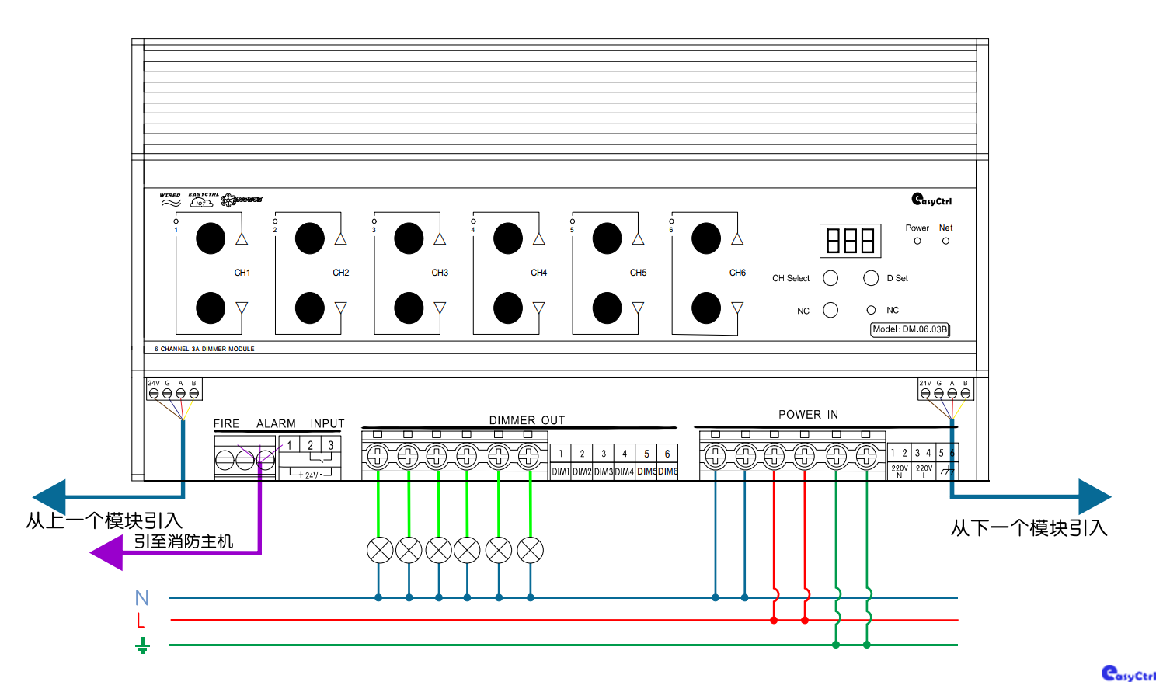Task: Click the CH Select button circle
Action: pos(830,278)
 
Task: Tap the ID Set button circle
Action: pos(871,278)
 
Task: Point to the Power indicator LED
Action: pos(917,242)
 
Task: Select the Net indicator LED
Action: pos(945,242)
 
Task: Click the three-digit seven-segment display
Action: pos(850,241)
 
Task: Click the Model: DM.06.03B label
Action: pos(910,329)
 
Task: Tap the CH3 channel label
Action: pos(440,273)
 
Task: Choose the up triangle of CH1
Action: pos(242,238)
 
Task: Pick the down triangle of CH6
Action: pos(737,308)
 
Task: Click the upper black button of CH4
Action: pos(508,238)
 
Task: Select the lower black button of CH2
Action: pos(310,308)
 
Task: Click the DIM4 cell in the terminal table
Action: pos(625,471)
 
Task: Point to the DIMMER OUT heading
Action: pos(527,420)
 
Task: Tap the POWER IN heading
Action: pos(808,415)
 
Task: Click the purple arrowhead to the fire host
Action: pos(107,553)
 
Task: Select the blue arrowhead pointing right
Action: pos(1095,496)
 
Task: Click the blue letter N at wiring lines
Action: pos(141,598)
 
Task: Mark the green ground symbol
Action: pos(142,645)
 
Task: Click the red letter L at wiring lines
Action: pos(141,621)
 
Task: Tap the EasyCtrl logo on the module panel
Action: pos(931,200)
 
